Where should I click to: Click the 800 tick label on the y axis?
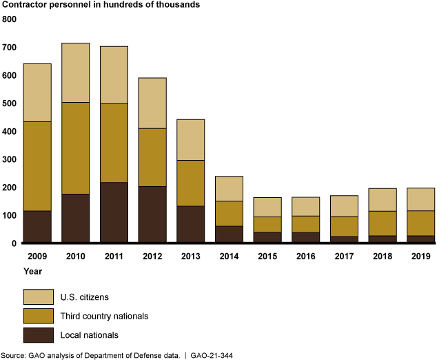[10, 19]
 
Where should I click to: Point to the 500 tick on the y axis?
[10, 103]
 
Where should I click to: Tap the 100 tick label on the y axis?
[10, 215]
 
